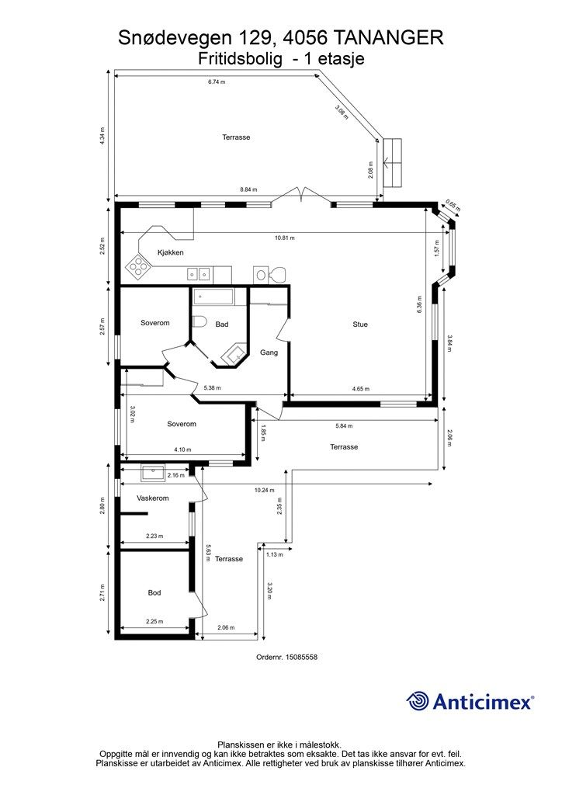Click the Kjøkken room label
tap(170, 252)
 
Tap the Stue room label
tap(360, 325)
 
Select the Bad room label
tap(222, 325)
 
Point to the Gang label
tap(269, 352)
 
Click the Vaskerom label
tap(153, 498)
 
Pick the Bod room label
tap(154, 592)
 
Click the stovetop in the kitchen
tap(138, 266)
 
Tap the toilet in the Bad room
tap(198, 322)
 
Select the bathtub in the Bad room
tap(213, 297)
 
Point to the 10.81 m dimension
tap(285, 238)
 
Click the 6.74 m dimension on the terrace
tap(217, 82)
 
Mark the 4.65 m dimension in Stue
tap(361, 389)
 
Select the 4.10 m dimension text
tap(182, 450)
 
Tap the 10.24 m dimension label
tap(265, 491)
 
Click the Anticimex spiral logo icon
tap(418, 701)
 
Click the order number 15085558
tap(301, 657)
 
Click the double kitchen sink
tap(198, 274)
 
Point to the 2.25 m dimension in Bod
tap(154, 621)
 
